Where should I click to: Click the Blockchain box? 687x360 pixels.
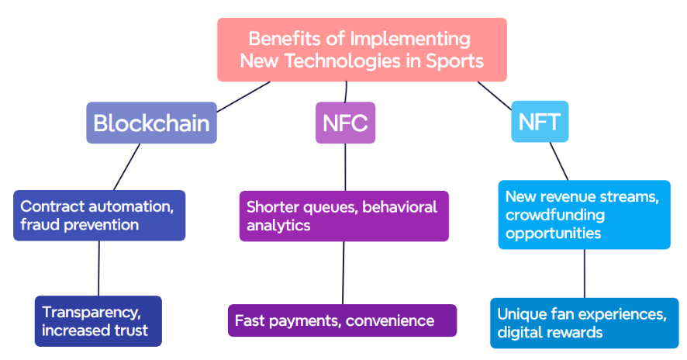(x=152, y=123)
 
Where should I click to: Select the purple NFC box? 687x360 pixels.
(x=345, y=123)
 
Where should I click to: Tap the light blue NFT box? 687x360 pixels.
(x=540, y=122)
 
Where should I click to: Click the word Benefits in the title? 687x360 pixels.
(x=284, y=39)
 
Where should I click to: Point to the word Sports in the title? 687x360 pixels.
(x=455, y=61)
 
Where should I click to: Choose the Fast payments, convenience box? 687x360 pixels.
(x=342, y=320)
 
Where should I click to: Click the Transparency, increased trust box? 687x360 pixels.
(x=98, y=321)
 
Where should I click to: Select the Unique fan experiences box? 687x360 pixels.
(x=585, y=324)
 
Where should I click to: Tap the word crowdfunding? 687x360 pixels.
(x=555, y=215)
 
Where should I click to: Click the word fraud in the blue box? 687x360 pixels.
(x=40, y=224)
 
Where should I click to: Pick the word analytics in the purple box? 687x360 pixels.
(x=278, y=226)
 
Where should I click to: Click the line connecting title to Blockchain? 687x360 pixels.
(x=243, y=96)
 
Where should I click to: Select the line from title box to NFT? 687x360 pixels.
(x=494, y=95)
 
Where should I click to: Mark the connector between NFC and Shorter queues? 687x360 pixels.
(x=345, y=167)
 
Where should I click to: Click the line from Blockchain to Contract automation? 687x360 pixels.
(x=126, y=167)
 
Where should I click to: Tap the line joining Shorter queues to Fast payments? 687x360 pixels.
(x=343, y=273)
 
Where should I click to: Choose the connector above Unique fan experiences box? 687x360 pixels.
(x=585, y=274)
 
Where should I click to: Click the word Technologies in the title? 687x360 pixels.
(x=343, y=61)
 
